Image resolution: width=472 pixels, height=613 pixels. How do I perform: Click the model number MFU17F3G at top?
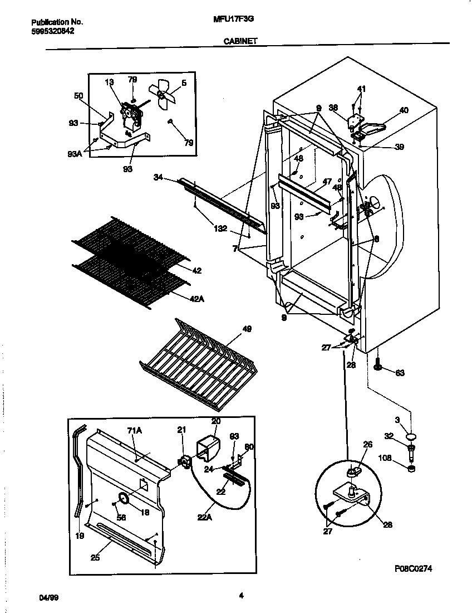[x=234, y=18]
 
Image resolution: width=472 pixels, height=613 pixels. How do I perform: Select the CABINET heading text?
[x=240, y=41]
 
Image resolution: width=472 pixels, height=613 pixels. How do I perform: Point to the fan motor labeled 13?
[x=130, y=116]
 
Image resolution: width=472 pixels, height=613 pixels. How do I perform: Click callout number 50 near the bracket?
[x=78, y=96]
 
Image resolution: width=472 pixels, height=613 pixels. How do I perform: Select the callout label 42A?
[x=197, y=299]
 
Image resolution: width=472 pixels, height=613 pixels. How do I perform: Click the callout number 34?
[x=158, y=178]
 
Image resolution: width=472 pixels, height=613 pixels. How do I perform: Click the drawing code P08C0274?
[x=414, y=568]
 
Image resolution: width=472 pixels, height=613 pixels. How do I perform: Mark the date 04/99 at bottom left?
[x=49, y=597]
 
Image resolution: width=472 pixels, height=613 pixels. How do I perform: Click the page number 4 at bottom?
[x=241, y=595]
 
